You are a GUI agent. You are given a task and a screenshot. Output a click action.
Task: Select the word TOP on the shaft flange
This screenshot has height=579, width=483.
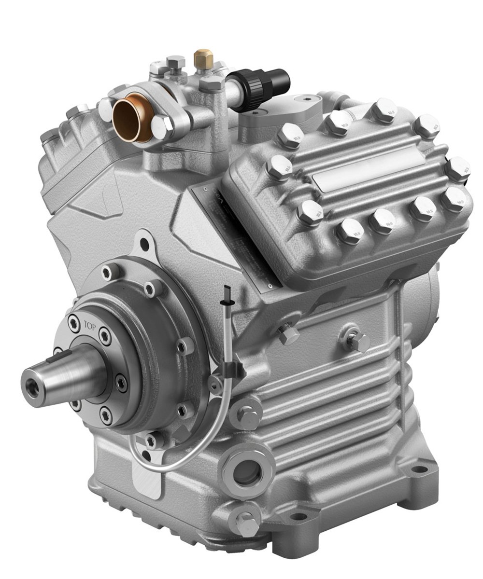[x=90, y=327]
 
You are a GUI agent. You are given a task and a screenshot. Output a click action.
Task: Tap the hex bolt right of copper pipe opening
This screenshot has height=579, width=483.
[x=163, y=126]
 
